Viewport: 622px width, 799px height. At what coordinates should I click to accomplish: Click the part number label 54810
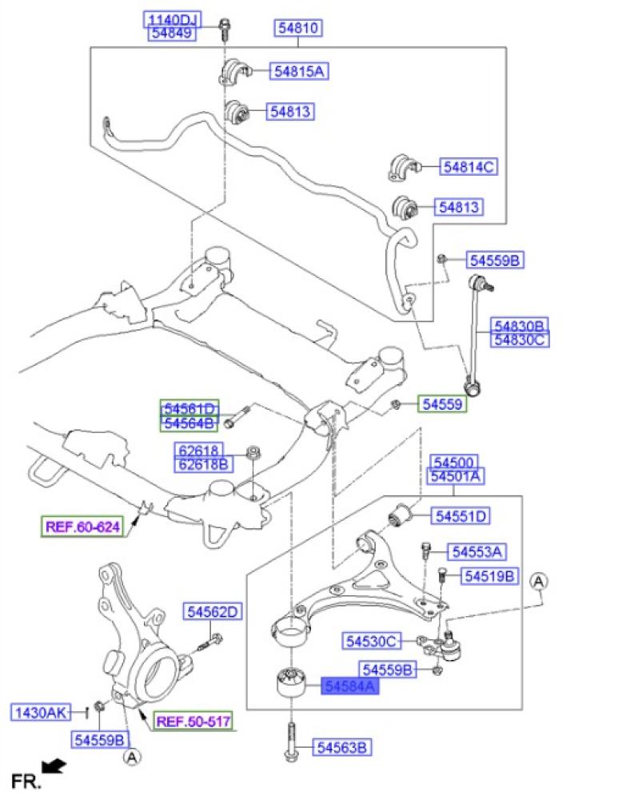click(x=298, y=27)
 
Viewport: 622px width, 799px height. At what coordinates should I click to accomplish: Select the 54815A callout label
click(x=299, y=71)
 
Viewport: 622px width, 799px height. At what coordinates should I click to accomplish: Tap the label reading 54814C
click(x=468, y=167)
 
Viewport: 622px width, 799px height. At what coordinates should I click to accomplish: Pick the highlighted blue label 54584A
click(x=349, y=686)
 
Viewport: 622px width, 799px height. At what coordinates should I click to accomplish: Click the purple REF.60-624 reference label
click(x=82, y=527)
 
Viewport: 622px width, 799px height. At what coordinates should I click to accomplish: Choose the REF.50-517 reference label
click(x=193, y=721)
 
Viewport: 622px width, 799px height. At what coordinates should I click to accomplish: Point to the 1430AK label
click(x=41, y=712)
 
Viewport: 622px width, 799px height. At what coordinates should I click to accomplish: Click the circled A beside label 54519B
click(x=539, y=582)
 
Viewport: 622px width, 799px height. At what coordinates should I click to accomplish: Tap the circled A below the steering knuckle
click(x=132, y=757)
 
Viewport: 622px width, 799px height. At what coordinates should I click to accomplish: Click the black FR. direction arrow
click(x=54, y=766)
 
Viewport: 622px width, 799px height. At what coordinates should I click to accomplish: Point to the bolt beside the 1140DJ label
click(x=225, y=30)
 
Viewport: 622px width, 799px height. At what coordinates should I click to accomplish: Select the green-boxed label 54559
click(x=442, y=404)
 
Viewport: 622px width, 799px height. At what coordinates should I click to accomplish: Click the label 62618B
click(x=203, y=464)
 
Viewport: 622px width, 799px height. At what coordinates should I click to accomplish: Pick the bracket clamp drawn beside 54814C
click(x=404, y=167)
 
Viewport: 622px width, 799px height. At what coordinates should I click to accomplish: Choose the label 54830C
click(x=520, y=339)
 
